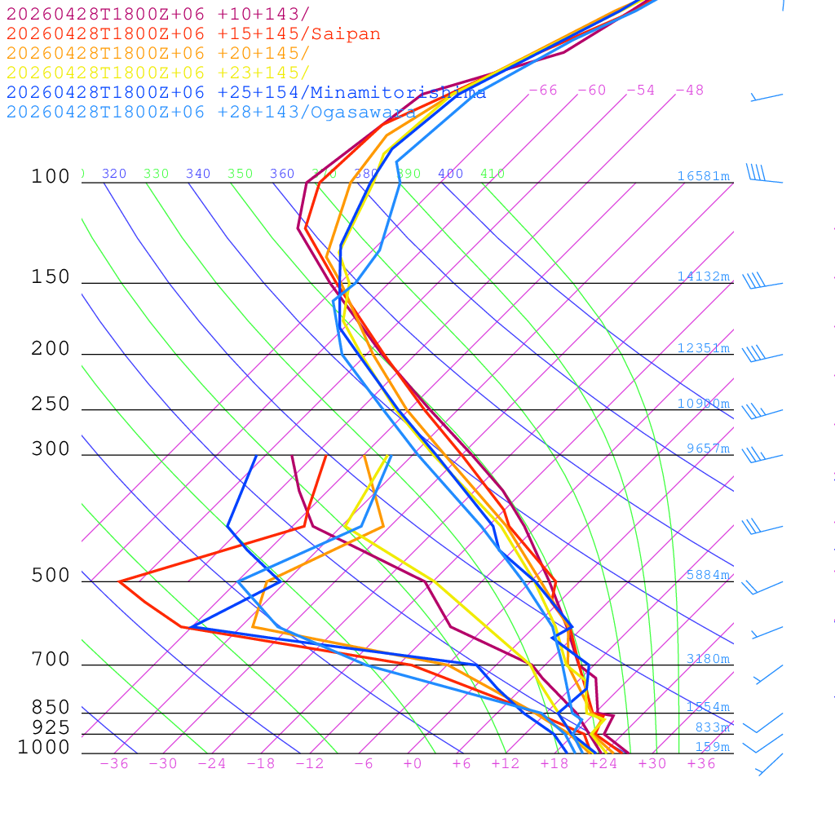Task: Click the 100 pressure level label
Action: [51, 176]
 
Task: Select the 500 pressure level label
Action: [51, 576]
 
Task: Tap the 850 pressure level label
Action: [51, 707]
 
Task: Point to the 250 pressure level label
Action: [51, 404]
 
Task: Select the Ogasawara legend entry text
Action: [362, 113]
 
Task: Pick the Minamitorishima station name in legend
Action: [398, 93]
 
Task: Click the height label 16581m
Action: [704, 176]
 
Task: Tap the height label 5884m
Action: [708, 575]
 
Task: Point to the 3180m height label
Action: [708, 659]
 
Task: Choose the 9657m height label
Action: [708, 448]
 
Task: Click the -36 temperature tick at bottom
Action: [113, 763]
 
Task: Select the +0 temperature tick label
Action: [412, 763]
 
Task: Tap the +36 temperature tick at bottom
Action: [700, 763]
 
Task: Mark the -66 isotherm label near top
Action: [542, 90]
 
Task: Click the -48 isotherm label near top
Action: [689, 90]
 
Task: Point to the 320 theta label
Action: [114, 174]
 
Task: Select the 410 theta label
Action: [493, 174]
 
